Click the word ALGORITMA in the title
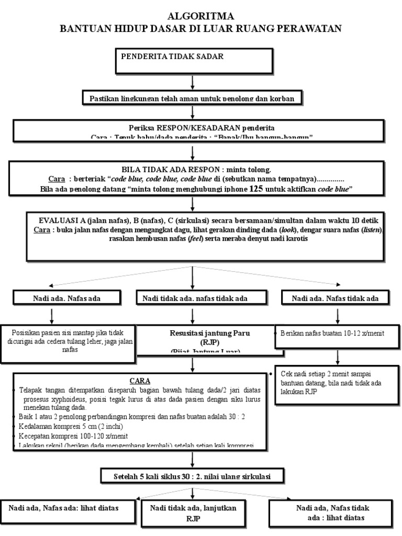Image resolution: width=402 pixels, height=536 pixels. pyautogui.click(x=201, y=16)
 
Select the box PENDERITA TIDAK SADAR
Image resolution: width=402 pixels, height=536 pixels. pyautogui.click(x=193, y=61)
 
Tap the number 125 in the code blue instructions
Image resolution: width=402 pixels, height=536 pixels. pyautogui.click(x=256, y=188)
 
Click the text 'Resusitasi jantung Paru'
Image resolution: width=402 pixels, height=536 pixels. pyautogui.click(x=202, y=333)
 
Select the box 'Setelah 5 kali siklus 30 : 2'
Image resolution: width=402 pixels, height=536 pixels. pyautogui.click(x=193, y=475)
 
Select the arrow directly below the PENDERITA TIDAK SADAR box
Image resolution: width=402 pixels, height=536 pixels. pyautogui.click(x=193, y=82)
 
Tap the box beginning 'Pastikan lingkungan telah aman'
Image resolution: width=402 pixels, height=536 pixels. pyautogui.click(x=193, y=98)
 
